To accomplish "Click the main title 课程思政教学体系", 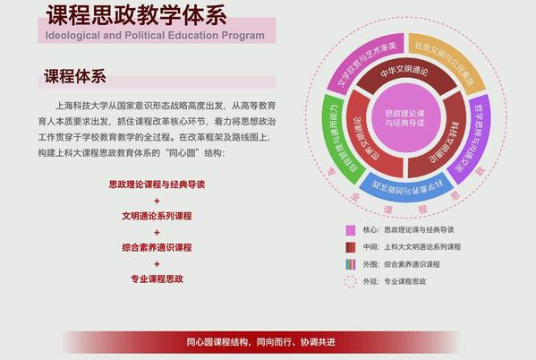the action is (136, 16).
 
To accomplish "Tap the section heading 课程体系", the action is (75, 76).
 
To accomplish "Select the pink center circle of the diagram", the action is (404, 117).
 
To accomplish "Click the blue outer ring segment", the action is (406, 187).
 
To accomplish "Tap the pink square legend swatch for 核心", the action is (351, 230).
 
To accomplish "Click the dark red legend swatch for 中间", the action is (351, 247).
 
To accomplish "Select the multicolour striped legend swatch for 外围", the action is (351, 264).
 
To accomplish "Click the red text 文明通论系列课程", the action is (157, 216).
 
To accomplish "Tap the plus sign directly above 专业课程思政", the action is (157, 264).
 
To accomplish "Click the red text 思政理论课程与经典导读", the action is (157, 184).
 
